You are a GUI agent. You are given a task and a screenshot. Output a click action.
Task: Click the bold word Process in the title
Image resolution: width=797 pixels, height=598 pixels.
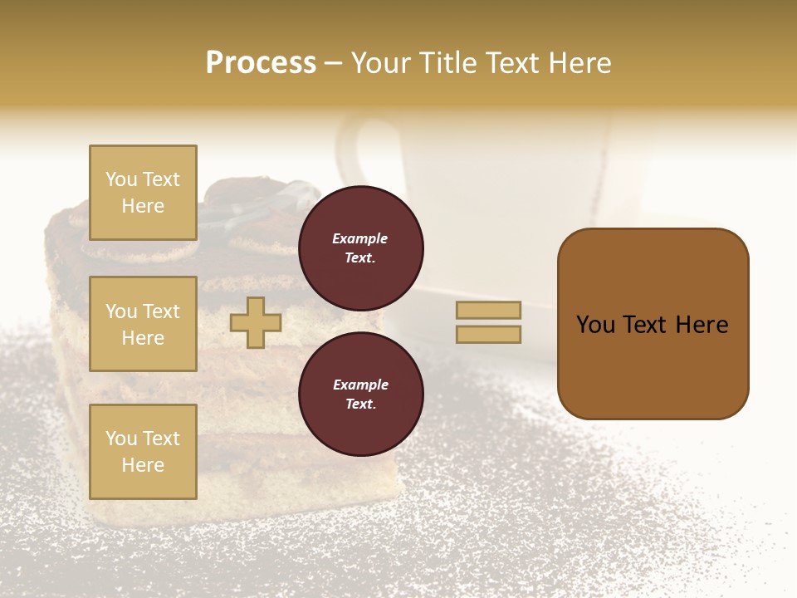pos(261,63)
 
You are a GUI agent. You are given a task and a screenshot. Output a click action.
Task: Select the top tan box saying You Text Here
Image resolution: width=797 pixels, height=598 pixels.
pos(143,193)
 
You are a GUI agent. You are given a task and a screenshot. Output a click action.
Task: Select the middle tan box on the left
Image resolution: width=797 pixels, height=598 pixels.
pos(143,324)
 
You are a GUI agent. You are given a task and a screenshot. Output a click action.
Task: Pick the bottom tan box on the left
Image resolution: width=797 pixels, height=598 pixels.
pos(143,451)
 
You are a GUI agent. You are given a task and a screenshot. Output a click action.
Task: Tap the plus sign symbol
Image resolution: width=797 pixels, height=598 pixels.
pos(256,323)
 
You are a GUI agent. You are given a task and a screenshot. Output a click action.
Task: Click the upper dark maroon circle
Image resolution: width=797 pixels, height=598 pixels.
pos(360,248)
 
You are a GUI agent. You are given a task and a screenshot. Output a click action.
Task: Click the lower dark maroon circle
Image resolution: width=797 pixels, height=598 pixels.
pos(360,395)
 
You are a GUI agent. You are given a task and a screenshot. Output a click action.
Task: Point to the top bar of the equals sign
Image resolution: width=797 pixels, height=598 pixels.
pos(488,310)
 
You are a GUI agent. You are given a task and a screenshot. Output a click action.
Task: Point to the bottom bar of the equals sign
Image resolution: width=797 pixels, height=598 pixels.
pos(488,335)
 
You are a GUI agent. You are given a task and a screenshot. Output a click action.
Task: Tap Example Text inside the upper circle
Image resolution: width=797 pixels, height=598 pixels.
pos(360,248)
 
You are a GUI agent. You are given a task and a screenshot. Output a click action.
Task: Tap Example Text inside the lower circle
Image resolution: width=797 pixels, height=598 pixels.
pos(360,395)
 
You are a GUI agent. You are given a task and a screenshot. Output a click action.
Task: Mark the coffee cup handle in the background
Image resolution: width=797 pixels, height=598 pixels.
pos(353,154)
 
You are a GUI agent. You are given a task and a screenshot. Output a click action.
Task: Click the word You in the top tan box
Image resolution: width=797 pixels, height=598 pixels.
pos(120,179)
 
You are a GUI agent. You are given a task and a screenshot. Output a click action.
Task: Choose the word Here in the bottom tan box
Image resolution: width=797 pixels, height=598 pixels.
pos(143,465)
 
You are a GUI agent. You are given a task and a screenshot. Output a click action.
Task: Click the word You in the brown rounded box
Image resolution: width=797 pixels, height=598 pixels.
pos(595,325)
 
